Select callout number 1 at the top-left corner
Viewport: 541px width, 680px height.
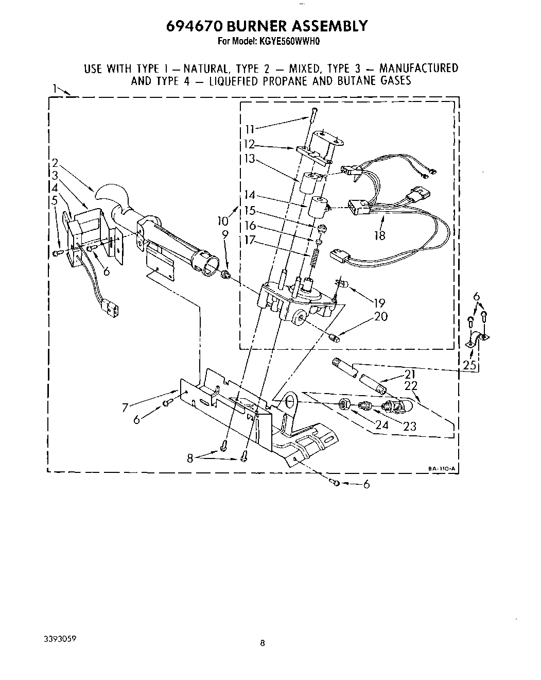click(54, 89)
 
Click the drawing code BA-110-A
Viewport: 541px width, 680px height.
click(442, 468)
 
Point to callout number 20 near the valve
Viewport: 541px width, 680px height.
click(381, 316)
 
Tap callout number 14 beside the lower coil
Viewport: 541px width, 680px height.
click(250, 195)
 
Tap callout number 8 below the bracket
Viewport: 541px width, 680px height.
click(190, 457)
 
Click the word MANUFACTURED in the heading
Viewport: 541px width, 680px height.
click(418, 68)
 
